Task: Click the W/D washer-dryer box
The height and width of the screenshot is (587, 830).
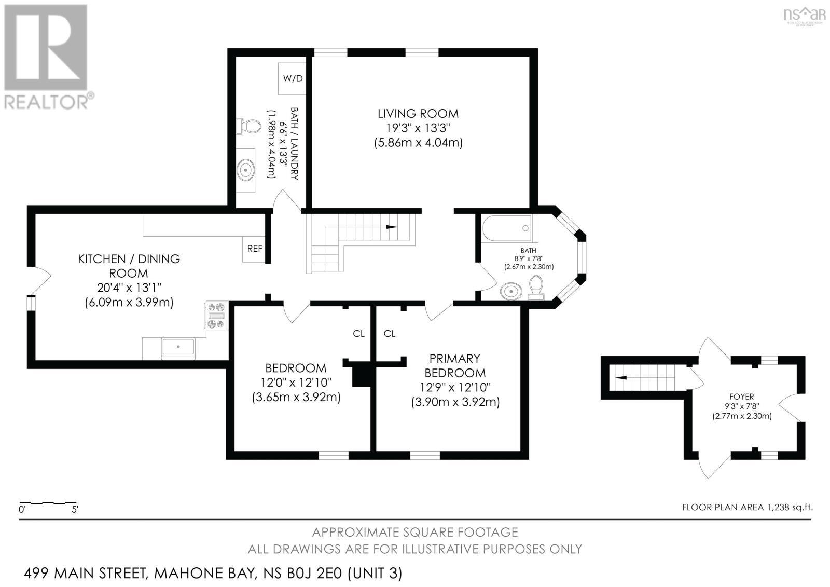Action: [x=293, y=78]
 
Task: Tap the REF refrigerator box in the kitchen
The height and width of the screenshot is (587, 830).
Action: [x=254, y=249]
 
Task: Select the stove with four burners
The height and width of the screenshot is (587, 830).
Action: [x=216, y=316]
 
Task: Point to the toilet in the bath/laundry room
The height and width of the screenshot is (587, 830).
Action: [x=250, y=126]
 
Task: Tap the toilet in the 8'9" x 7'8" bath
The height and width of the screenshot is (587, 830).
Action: [x=536, y=287]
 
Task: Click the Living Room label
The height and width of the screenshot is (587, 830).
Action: [x=418, y=113]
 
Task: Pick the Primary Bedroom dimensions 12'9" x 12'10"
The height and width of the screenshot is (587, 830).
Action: [x=455, y=387]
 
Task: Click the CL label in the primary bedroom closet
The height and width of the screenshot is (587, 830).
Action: [x=390, y=334]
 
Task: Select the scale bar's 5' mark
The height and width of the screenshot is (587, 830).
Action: [x=75, y=510]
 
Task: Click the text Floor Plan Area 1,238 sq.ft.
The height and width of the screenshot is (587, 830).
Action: [x=747, y=507]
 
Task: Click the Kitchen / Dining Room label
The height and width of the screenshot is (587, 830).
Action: [x=129, y=266]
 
